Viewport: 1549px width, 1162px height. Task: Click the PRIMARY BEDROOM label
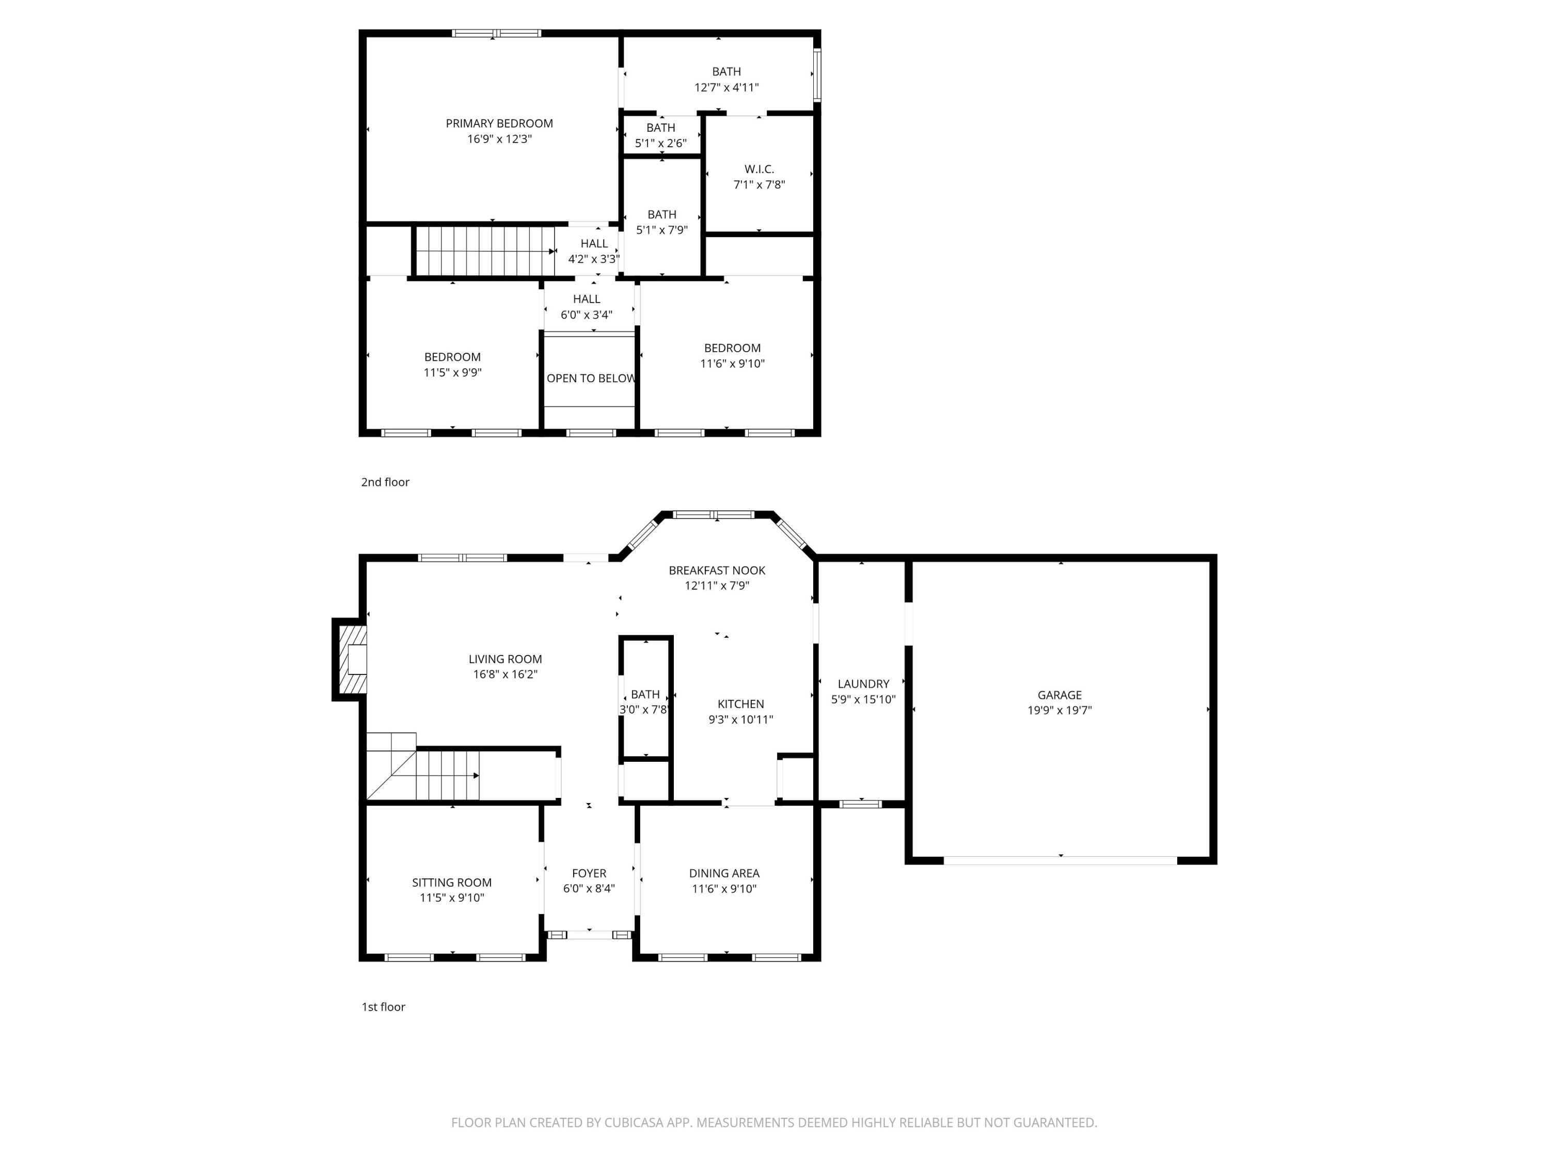coord(499,123)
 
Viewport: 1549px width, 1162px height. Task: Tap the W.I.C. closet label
coord(759,169)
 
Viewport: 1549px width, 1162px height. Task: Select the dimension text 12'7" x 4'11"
coord(726,88)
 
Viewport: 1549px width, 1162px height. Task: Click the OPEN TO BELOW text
coord(590,378)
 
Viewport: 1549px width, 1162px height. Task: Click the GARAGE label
coord(1059,695)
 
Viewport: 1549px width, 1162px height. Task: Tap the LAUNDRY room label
coord(863,684)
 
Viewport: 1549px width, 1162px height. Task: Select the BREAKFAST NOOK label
coord(716,570)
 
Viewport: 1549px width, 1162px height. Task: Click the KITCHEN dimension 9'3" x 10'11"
coord(740,719)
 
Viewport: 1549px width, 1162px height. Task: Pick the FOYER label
coord(589,873)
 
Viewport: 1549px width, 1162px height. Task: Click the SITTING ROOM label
coord(452,883)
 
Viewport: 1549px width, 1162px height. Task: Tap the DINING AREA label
coord(724,873)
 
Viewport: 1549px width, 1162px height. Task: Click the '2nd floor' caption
coord(385,482)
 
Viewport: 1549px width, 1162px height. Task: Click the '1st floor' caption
coord(383,1007)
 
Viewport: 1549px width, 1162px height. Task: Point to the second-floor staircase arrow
coord(552,252)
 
